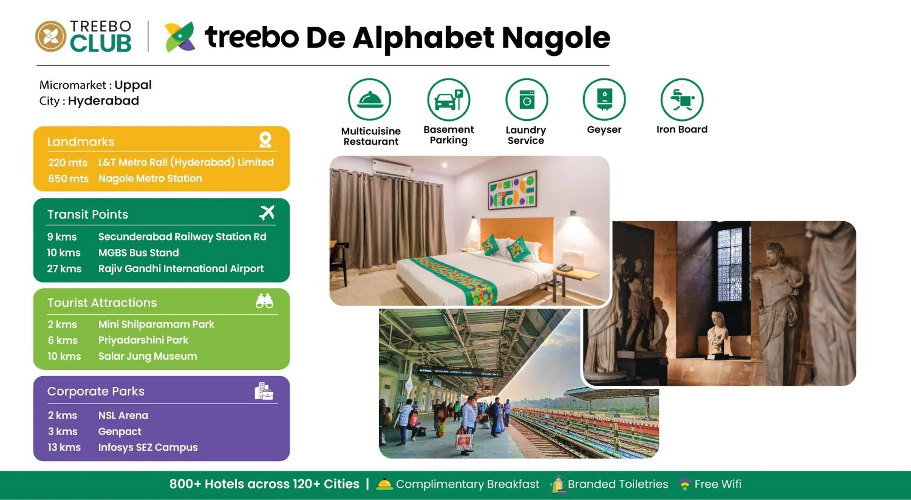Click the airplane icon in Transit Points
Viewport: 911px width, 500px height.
click(x=267, y=213)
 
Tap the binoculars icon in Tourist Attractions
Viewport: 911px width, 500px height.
click(x=264, y=301)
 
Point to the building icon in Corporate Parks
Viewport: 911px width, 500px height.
click(x=264, y=391)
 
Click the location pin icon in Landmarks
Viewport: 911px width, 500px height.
click(x=265, y=140)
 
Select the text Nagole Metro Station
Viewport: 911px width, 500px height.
click(x=150, y=178)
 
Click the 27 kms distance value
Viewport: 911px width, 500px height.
click(x=64, y=269)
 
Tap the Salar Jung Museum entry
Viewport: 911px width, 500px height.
click(x=148, y=356)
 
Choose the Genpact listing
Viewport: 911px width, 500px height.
click(x=120, y=431)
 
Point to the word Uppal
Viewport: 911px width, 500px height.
click(x=133, y=85)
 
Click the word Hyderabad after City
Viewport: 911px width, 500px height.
click(x=103, y=101)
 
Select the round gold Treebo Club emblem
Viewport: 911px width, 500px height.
click(x=51, y=36)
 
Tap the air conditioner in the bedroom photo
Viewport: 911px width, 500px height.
click(x=393, y=167)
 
